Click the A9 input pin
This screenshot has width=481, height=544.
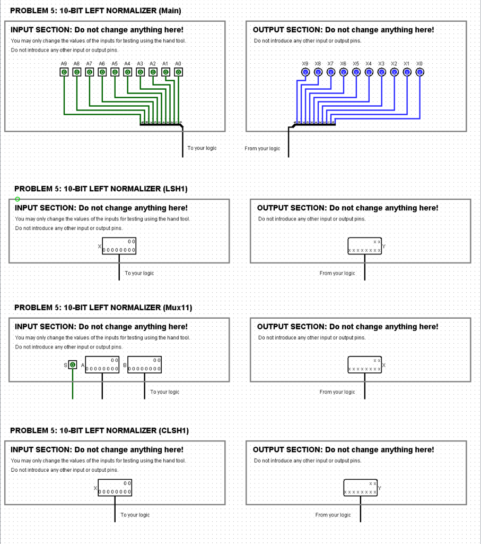point(64,72)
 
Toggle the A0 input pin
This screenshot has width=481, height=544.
point(178,72)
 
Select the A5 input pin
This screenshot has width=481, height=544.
point(115,72)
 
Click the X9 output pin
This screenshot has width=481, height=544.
point(305,72)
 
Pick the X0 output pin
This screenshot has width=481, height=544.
point(419,72)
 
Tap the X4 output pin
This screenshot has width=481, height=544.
point(369,72)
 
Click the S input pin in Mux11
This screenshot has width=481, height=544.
point(73,364)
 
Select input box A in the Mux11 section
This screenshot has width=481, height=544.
point(102,365)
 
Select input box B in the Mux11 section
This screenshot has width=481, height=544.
point(145,365)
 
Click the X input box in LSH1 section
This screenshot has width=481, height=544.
point(119,246)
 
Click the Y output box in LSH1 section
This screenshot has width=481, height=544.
point(365,246)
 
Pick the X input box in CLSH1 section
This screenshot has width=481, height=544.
point(115,488)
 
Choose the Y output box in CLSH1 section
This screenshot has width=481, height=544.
point(361,488)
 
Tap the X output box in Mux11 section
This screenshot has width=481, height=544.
point(365,365)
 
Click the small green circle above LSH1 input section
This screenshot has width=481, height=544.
point(18,199)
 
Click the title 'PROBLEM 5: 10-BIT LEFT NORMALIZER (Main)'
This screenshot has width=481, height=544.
point(95,11)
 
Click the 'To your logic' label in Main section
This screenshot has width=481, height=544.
point(202,148)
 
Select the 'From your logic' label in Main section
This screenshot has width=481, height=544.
point(262,149)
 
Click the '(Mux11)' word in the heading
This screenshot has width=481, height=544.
point(179,308)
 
